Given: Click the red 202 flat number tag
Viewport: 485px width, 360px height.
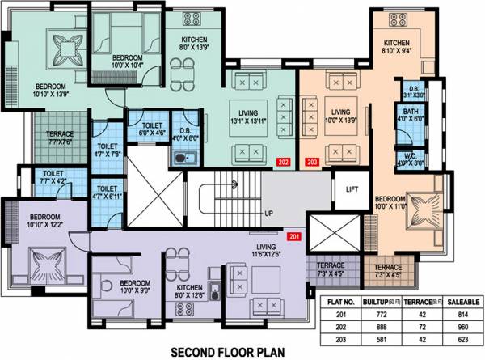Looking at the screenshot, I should point(284,161).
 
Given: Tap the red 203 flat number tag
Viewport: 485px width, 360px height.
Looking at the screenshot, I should point(312,161).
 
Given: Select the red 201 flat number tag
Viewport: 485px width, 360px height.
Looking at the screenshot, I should point(294,236).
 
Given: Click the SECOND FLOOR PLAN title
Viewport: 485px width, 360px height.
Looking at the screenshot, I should point(223,350).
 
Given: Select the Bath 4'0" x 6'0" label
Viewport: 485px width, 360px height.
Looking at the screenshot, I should point(411,117).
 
